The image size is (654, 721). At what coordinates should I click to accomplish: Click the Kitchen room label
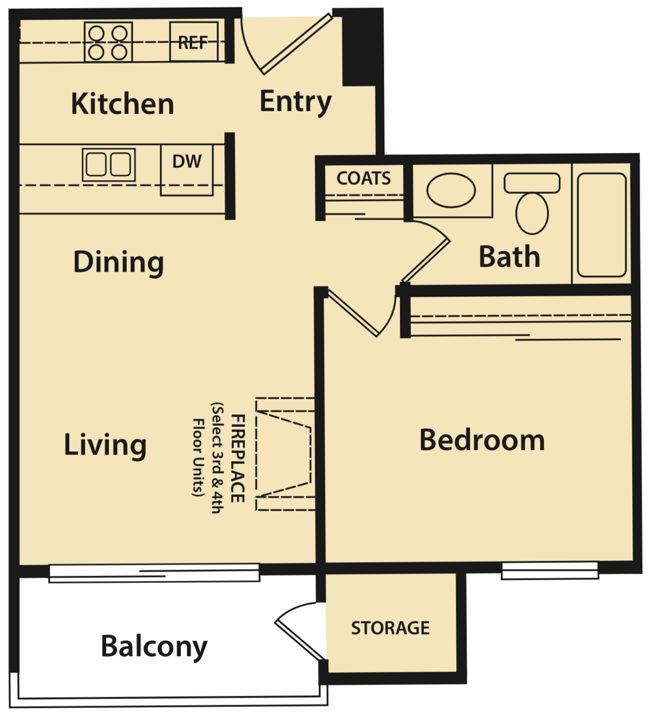pyautogui.click(x=122, y=103)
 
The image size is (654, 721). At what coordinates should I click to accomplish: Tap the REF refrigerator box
pyautogui.click(x=193, y=42)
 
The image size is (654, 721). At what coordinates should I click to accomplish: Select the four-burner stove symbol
pyautogui.click(x=108, y=42)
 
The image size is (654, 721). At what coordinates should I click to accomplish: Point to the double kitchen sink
pyautogui.click(x=108, y=165)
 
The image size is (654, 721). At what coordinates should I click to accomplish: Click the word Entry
pyautogui.click(x=295, y=101)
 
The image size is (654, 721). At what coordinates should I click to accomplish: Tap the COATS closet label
pyautogui.click(x=363, y=178)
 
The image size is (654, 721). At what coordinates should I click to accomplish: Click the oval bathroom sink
pyautogui.click(x=451, y=190)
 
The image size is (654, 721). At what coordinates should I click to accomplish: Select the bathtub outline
pyautogui.click(x=602, y=225)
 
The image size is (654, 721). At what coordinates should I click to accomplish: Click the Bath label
pyautogui.click(x=509, y=257)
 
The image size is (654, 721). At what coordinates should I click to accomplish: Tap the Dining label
pyautogui.click(x=119, y=262)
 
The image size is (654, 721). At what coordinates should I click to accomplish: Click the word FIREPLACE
pyautogui.click(x=237, y=458)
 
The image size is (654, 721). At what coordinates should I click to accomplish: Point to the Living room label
pyautogui.click(x=105, y=445)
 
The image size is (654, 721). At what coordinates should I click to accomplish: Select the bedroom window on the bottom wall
pyautogui.click(x=550, y=570)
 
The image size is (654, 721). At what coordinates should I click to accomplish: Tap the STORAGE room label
pyautogui.click(x=390, y=628)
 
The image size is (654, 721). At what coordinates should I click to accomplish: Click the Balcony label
pyautogui.click(x=154, y=647)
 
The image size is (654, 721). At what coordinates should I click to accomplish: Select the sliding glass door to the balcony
pyautogui.click(x=154, y=573)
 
